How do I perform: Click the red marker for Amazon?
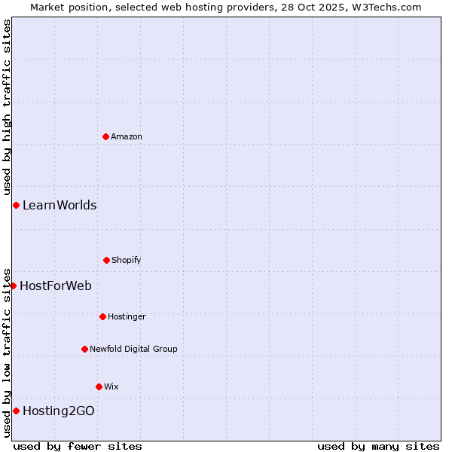(x=105, y=136)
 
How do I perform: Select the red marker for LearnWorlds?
(x=16, y=205)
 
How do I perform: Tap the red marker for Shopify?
(x=106, y=260)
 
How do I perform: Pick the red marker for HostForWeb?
(x=13, y=286)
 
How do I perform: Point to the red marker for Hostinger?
(x=102, y=316)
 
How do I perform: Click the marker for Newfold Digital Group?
(x=84, y=349)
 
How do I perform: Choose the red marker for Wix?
(x=99, y=386)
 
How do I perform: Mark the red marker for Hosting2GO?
(x=16, y=411)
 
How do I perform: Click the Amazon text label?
(x=127, y=136)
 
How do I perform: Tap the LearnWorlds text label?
(x=60, y=205)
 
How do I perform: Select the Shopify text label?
(x=127, y=260)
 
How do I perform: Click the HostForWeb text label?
(x=56, y=286)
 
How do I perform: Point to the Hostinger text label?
(x=127, y=316)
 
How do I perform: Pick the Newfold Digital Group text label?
(x=133, y=349)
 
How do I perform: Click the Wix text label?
(x=111, y=386)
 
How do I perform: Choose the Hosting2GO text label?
(x=59, y=411)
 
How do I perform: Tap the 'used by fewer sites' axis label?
(x=78, y=446)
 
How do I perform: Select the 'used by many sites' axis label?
(x=378, y=446)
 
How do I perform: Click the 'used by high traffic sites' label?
(x=7, y=107)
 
